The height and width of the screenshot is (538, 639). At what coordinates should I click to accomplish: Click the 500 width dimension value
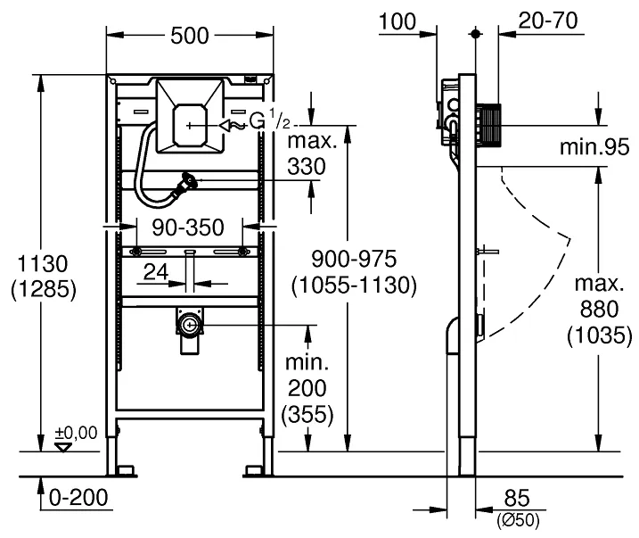190,36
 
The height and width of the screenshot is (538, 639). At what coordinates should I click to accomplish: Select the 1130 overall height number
43,263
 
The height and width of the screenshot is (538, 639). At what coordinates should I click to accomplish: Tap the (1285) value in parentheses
43,290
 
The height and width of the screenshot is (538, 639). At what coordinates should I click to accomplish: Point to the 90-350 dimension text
188,228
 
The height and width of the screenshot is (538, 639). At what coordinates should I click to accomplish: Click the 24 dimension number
156,271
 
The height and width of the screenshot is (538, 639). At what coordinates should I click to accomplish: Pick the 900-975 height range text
354,259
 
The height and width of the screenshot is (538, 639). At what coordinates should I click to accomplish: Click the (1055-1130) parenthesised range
354,285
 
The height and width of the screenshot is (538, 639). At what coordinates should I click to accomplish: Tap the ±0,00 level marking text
77,433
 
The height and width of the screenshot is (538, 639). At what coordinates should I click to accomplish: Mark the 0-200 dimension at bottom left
78,497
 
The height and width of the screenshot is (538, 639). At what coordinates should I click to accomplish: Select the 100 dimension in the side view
397,21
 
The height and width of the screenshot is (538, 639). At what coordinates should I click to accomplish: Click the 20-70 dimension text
548,21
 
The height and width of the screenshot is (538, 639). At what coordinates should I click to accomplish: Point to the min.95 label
594,147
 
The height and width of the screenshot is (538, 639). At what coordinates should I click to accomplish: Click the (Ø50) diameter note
518,520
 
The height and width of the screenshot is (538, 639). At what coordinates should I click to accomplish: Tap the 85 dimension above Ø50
517,498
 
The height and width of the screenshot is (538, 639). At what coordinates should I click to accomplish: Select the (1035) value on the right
599,335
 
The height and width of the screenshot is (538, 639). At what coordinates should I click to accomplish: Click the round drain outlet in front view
190,325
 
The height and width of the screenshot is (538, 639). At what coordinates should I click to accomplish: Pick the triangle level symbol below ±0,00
63,447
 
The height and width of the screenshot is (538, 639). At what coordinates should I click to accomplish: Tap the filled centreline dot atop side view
475,33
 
